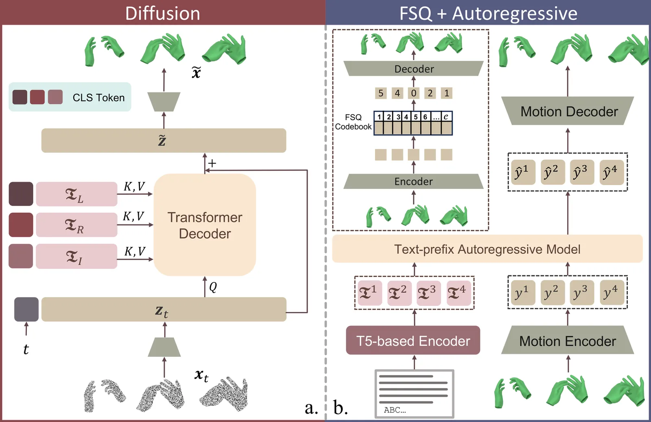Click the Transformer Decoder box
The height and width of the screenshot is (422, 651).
tap(205, 225)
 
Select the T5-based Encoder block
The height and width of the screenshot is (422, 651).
tap(413, 341)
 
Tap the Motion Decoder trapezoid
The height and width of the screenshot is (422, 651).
tap(568, 111)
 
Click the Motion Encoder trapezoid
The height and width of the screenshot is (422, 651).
tap(568, 341)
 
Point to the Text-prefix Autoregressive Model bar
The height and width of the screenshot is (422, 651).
tap(487, 249)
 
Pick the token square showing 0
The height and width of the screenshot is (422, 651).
tap(414, 93)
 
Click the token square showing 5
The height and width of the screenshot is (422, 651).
tap(381, 93)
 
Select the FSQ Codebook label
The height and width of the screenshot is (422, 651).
tap(353, 122)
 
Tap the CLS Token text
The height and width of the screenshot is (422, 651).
tap(98, 98)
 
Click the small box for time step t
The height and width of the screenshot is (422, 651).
tap(26, 309)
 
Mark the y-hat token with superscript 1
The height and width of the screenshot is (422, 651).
tap(523, 172)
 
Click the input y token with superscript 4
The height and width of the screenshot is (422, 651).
tap(612, 292)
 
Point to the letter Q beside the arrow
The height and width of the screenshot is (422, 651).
tap(213, 287)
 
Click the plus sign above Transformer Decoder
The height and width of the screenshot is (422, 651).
tap(212, 163)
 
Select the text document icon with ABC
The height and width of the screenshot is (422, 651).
tap(414, 393)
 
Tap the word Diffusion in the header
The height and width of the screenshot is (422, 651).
tap(163, 13)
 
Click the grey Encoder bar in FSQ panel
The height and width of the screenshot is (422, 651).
tap(413, 181)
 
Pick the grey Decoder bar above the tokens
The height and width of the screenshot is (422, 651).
tap(414, 69)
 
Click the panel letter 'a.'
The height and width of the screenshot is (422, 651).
tap(311, 407)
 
